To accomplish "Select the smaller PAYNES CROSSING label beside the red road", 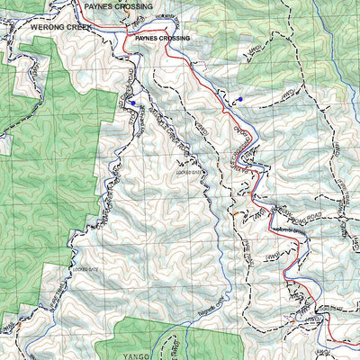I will (162, 40).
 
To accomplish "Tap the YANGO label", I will (137, 354).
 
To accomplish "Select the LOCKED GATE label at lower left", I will (85, 268).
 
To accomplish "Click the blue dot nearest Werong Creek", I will (134, 103).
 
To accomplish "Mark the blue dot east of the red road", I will (240, 98).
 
